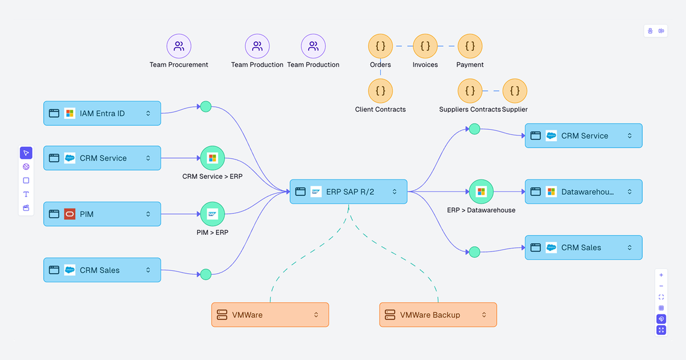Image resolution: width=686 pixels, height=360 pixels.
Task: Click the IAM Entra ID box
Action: coord(102,113)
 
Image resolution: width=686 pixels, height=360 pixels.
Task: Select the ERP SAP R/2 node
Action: coord(348,192)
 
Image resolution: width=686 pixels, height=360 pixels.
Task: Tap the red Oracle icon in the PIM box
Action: coord(70,214)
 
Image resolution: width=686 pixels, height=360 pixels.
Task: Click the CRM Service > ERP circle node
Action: coord(213,158)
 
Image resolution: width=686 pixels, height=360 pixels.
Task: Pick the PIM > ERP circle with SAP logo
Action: coord(213,214)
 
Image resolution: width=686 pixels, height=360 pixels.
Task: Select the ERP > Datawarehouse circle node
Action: coord(481,191)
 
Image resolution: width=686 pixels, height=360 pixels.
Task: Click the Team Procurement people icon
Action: coord(179,46)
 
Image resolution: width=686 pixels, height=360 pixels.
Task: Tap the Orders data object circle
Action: coord(380,46)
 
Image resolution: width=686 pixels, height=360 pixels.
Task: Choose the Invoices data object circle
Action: coord(425,46)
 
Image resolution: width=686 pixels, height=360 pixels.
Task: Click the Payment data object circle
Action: coord(470,46)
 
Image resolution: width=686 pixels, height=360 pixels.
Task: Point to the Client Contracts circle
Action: coord(380,91)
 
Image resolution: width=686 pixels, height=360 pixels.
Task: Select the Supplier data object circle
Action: coord(514,91)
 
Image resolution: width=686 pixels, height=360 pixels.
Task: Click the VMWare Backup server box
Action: coord(438,315)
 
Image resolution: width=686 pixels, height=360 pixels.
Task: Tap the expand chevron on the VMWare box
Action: coord(316,315)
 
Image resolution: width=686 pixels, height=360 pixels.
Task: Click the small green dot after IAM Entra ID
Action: coord(206,106)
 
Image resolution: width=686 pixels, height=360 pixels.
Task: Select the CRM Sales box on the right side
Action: coord(583,247)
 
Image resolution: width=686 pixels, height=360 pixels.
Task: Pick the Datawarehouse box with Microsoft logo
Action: coord(583,191)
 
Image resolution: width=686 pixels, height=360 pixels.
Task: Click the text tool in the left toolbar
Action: coord(26,194)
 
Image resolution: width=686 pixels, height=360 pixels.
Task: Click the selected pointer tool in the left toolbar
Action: coord(26,153)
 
